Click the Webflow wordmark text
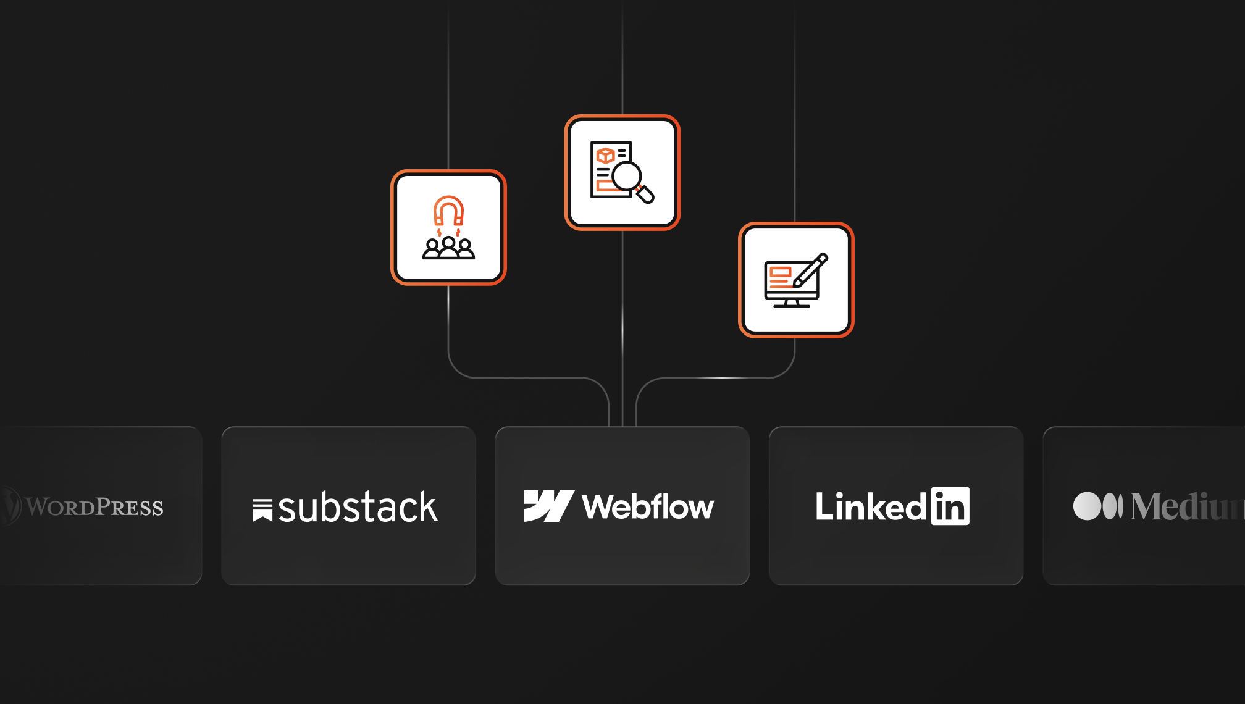[x=648, y=507]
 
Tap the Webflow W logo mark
[x=548, y=506]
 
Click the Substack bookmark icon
[x=262, y=510]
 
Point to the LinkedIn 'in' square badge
[x=950, y=506]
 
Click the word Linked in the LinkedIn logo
[x=870, y=507]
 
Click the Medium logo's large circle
[x=1087, y=506]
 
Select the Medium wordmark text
[x=1186, y=507]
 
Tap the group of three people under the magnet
[x=448, y=248]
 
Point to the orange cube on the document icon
[x=605, y=154]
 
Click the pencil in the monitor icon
[x=811, y=269]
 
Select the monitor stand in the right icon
[x=792, y=303]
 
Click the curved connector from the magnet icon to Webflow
[x=525, y=377]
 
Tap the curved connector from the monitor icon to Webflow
[x=716, y=377]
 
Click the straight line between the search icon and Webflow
[x=622, y=327]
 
